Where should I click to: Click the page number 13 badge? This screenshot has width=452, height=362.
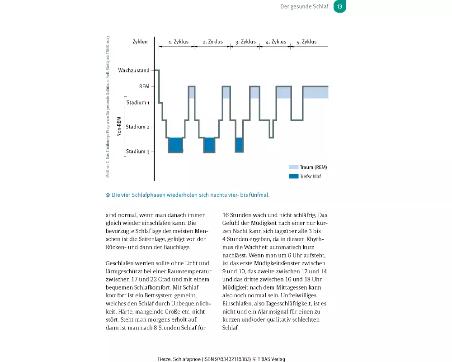pyautogui.click(x=340, y=7)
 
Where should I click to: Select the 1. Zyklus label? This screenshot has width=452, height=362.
pyautogui.click(x=179, y=42)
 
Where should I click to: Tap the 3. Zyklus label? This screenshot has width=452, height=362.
pyautogui.click(x=246, y=42)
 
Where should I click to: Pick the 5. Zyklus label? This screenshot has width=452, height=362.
pyautogui.click(x=306, y=42)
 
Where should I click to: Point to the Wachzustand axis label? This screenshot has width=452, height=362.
pyautogui.click(x=134, y=71)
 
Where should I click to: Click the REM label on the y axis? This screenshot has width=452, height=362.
pyautogui.click(x=144, y=86)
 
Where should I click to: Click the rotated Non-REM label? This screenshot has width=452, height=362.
pyautogui.click(x=119, y=127)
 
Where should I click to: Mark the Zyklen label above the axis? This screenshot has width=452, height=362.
pyautogui.click(x=140, y=42)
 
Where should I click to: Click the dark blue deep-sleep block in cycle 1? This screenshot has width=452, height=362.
pyautogui.click(x=175, y=145)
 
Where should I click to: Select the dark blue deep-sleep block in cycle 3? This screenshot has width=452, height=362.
pyautogui.click(x=240, y=145)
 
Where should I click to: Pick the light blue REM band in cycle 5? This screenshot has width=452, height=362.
pyautogui.click(x=315, y=92)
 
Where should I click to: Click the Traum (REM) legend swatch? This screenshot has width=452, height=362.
pyautogui.click(x=294, y=167)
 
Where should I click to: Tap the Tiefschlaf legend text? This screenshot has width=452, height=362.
pyautogui.click(x=311, y=176)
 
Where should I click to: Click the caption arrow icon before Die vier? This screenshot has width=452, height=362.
pyautogui.click(x=108, y=195)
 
